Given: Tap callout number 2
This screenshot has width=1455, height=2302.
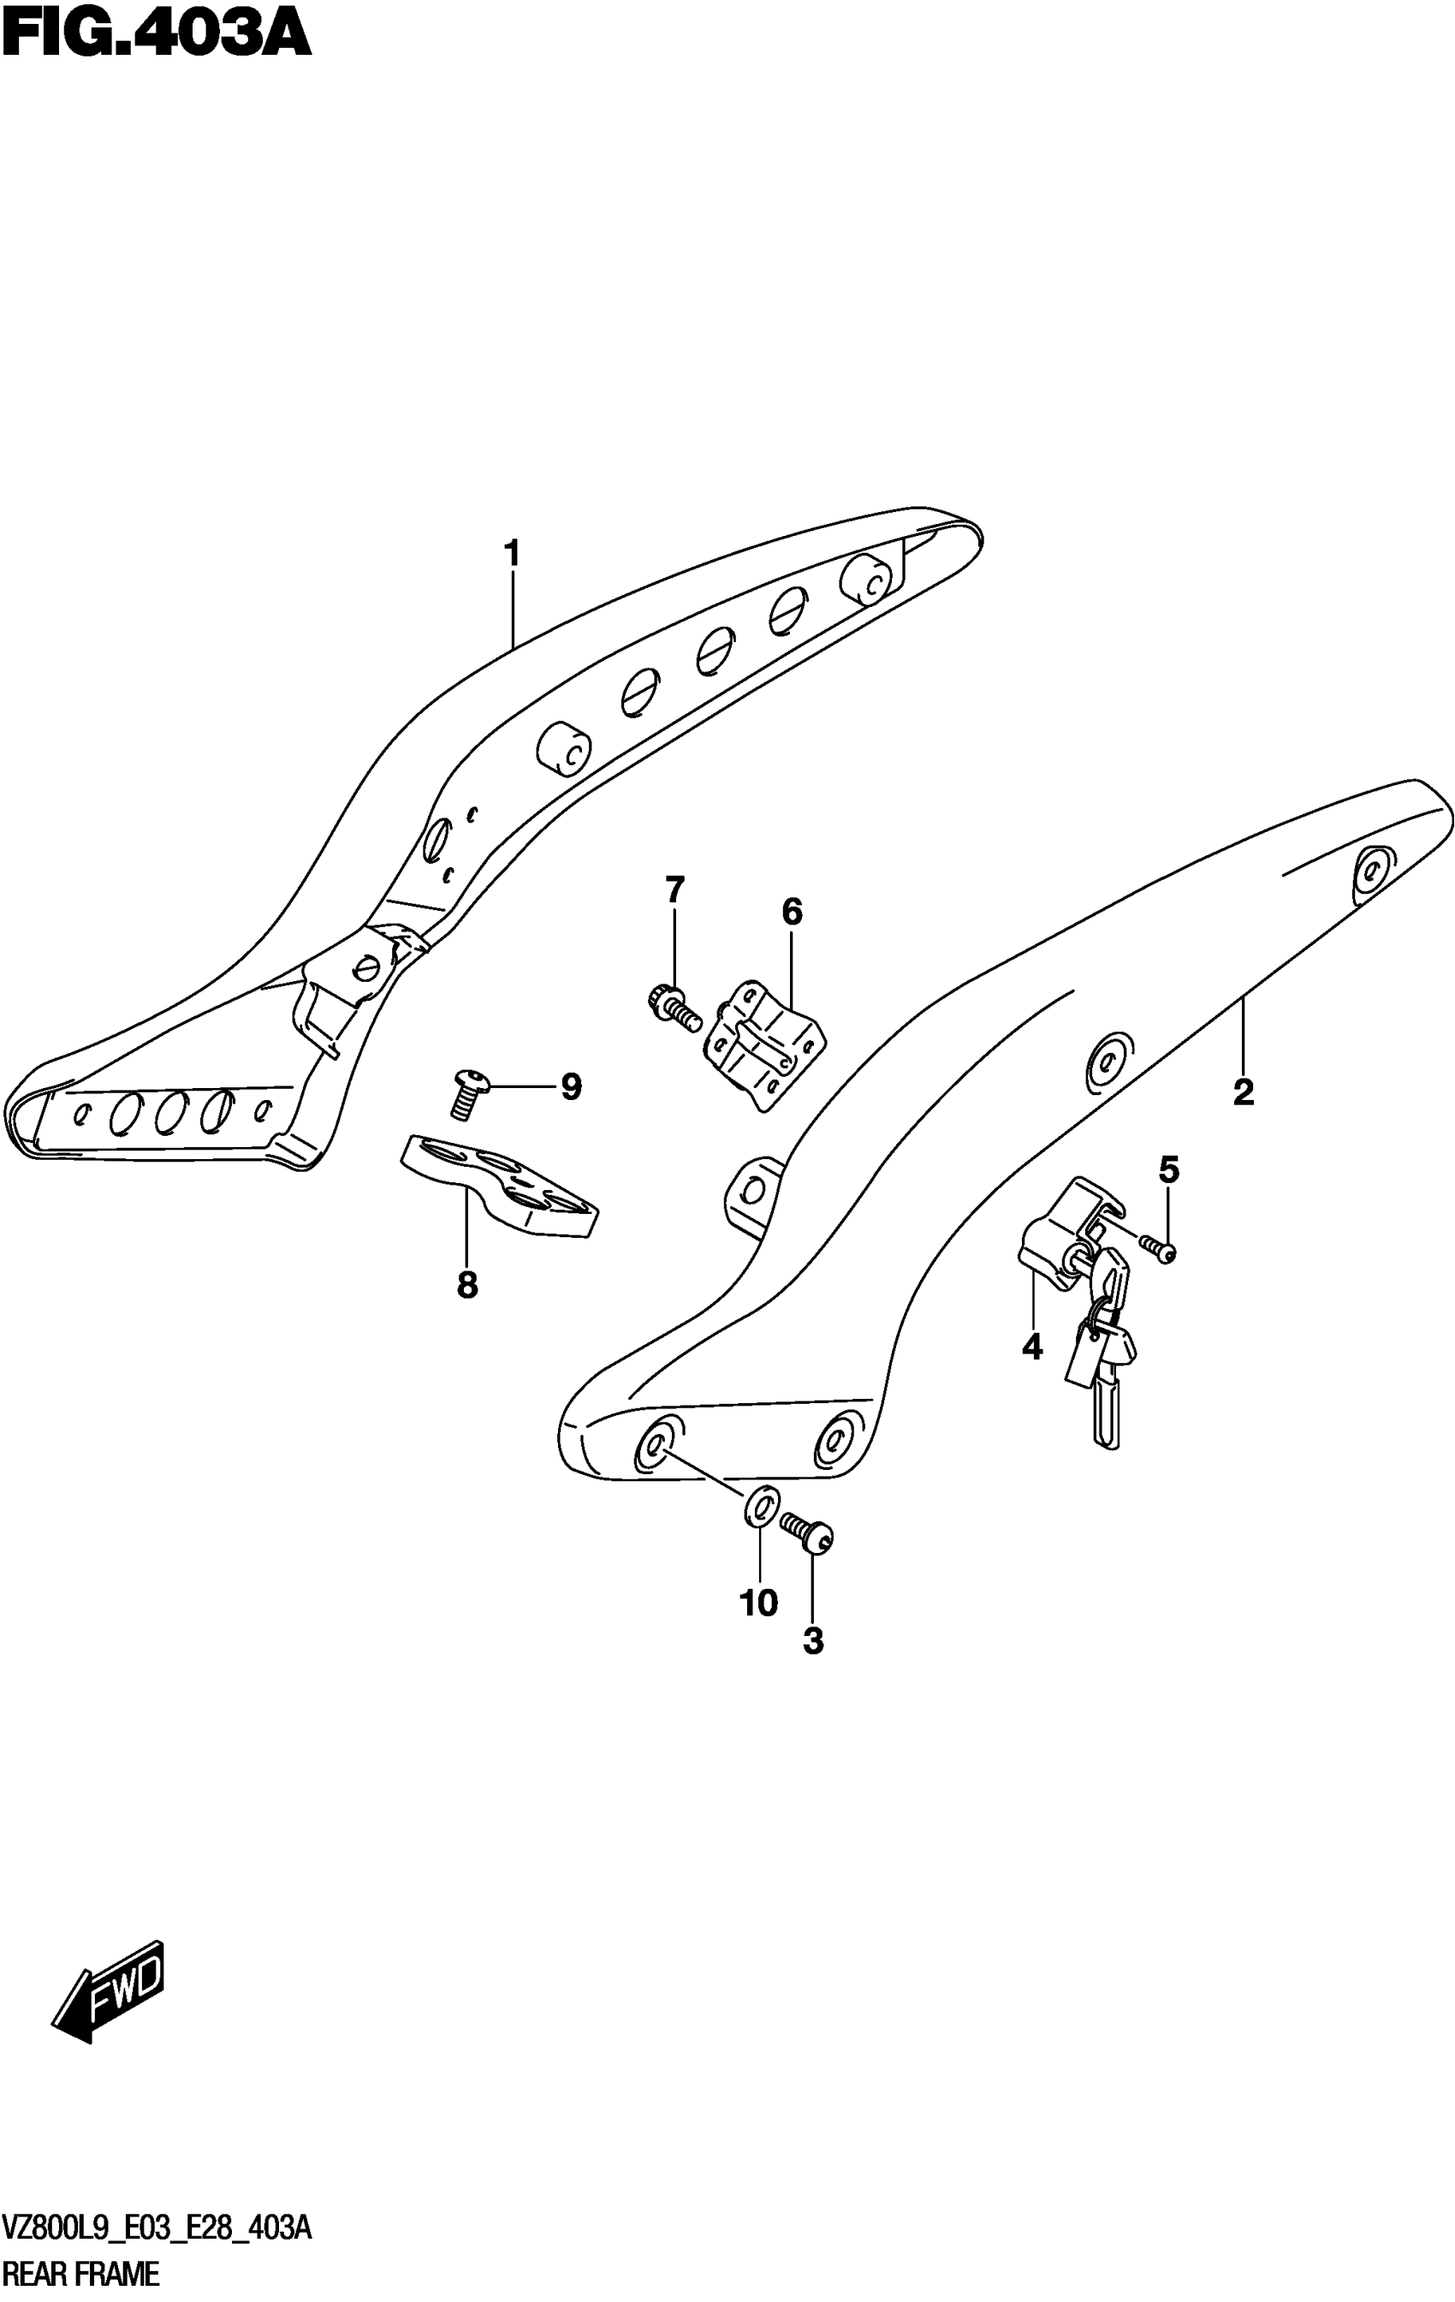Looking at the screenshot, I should [x=1243, y=1092].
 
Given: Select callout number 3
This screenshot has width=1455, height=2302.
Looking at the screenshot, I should [x=812, y=1640].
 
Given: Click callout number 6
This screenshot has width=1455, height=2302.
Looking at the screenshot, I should [x=792, y=912].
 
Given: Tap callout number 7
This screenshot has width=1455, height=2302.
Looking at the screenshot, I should [x=675, y=890].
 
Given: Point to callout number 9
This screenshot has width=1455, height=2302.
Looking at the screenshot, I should [x=571, y=1087].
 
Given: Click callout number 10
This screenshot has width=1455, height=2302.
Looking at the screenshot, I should [x=759, y=1603].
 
